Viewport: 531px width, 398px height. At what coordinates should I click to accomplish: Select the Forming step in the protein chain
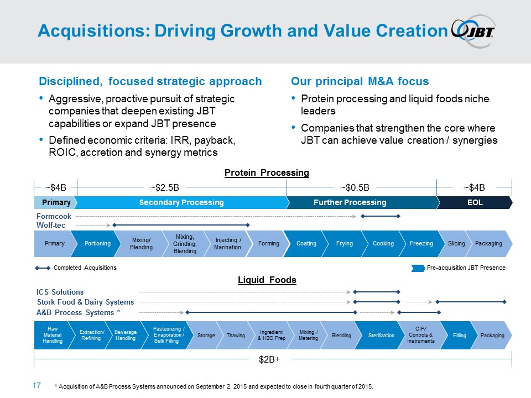coord(268,244)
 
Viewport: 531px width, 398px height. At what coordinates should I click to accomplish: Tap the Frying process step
coord(344,244)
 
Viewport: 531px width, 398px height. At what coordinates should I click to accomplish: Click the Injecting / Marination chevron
coord(227,244)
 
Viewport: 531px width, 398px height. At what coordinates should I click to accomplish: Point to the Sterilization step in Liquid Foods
coord(382,336)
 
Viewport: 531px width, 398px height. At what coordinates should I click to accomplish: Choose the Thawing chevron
coord(236,336)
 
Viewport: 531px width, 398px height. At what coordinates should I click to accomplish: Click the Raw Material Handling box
coord(52,336)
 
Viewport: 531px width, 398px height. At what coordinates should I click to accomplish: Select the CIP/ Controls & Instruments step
coord(420,336)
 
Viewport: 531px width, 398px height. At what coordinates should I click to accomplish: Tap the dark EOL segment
coord(475,203)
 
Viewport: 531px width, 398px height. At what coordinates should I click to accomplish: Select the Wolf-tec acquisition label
coord(52,225)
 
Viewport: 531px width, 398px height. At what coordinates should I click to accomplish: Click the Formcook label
coord(54,216)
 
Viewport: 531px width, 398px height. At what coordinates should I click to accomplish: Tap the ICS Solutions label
coord(60,292)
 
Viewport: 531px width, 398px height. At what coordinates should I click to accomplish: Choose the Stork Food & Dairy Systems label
coord(85,302)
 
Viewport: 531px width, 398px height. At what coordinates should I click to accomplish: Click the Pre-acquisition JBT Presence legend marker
coord(418,268)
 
